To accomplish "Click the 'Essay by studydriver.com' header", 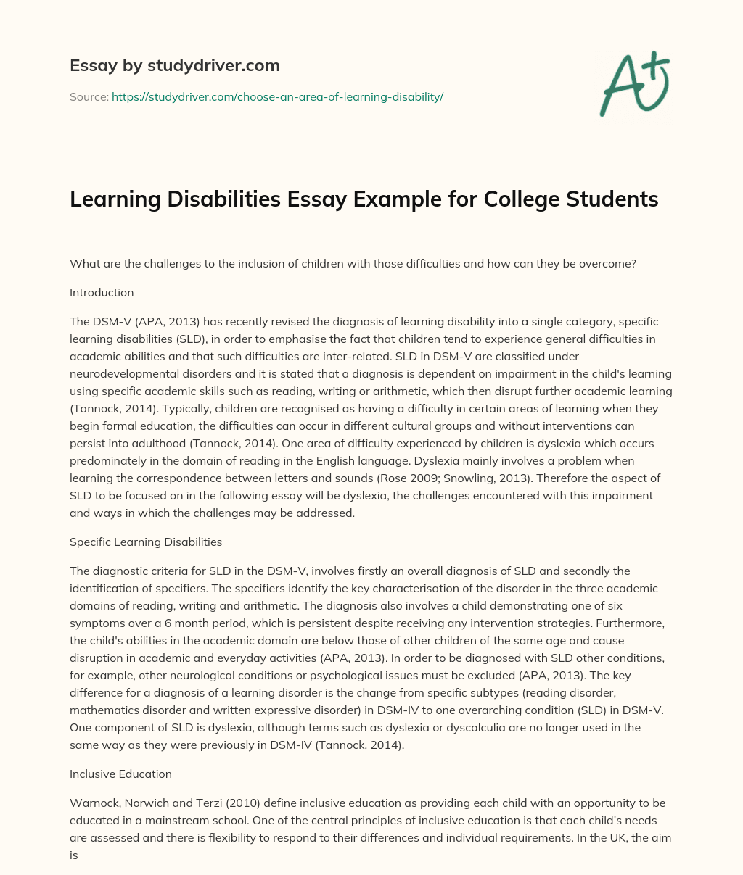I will coord(174,65).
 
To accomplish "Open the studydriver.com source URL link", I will coord(277,96).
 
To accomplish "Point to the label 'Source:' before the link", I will coord(89,96).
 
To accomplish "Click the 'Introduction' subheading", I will coord(102,293).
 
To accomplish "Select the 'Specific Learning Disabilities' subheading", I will coord(146,542).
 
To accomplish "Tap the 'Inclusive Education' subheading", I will coord(120,774).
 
